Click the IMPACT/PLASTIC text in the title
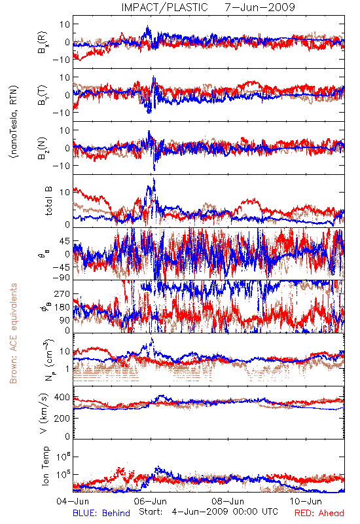click(x=165, y=7)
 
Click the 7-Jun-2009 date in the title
click(x=260, y=7)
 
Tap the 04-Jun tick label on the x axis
click(x=73, y=501)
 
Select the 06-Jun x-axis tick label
click(x=151, y=501)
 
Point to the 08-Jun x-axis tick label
click(x=228, y=501)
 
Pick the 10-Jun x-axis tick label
click(x=306, y=501)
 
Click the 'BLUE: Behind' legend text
click(x=101, y=513)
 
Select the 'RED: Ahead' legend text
click(x=319, y=513)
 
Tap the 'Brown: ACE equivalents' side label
click(x=13, y=333)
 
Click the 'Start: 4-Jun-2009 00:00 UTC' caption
click(x=208, y=512)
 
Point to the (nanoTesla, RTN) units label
click(x=14, y=122)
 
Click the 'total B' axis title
click(x=48, y=201)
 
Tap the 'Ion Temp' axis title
click(x=45, y=466)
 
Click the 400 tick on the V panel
click(x=62, y=398)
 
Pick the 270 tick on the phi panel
click(x=62, y=293)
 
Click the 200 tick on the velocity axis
click(x=62, y=418)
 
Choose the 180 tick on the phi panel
click(x=62, y=307)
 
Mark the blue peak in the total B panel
click(x=154, y=179)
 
